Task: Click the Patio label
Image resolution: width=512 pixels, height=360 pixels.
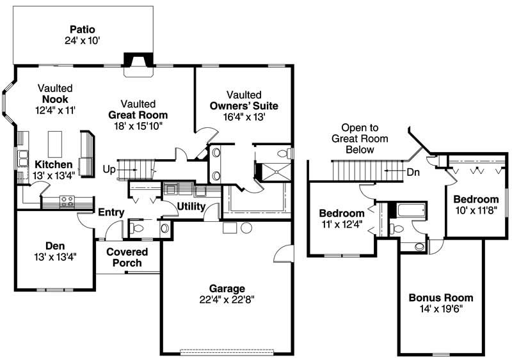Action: [83, 29]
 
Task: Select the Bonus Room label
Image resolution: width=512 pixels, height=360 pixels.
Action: [441, 297]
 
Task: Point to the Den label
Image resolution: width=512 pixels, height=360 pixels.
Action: [55, 246]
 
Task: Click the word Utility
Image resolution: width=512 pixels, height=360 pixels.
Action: [191, 207]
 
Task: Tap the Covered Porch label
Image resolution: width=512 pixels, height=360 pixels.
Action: [127, 257]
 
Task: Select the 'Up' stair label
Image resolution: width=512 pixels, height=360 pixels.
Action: [109, 169]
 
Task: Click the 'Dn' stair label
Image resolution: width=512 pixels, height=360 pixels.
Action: [414, 171]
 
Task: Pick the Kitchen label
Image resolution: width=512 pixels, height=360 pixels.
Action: [49, 164]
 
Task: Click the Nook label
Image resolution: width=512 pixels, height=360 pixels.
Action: [56, 99]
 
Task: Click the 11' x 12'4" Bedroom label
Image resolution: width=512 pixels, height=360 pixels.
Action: [342, 213]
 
